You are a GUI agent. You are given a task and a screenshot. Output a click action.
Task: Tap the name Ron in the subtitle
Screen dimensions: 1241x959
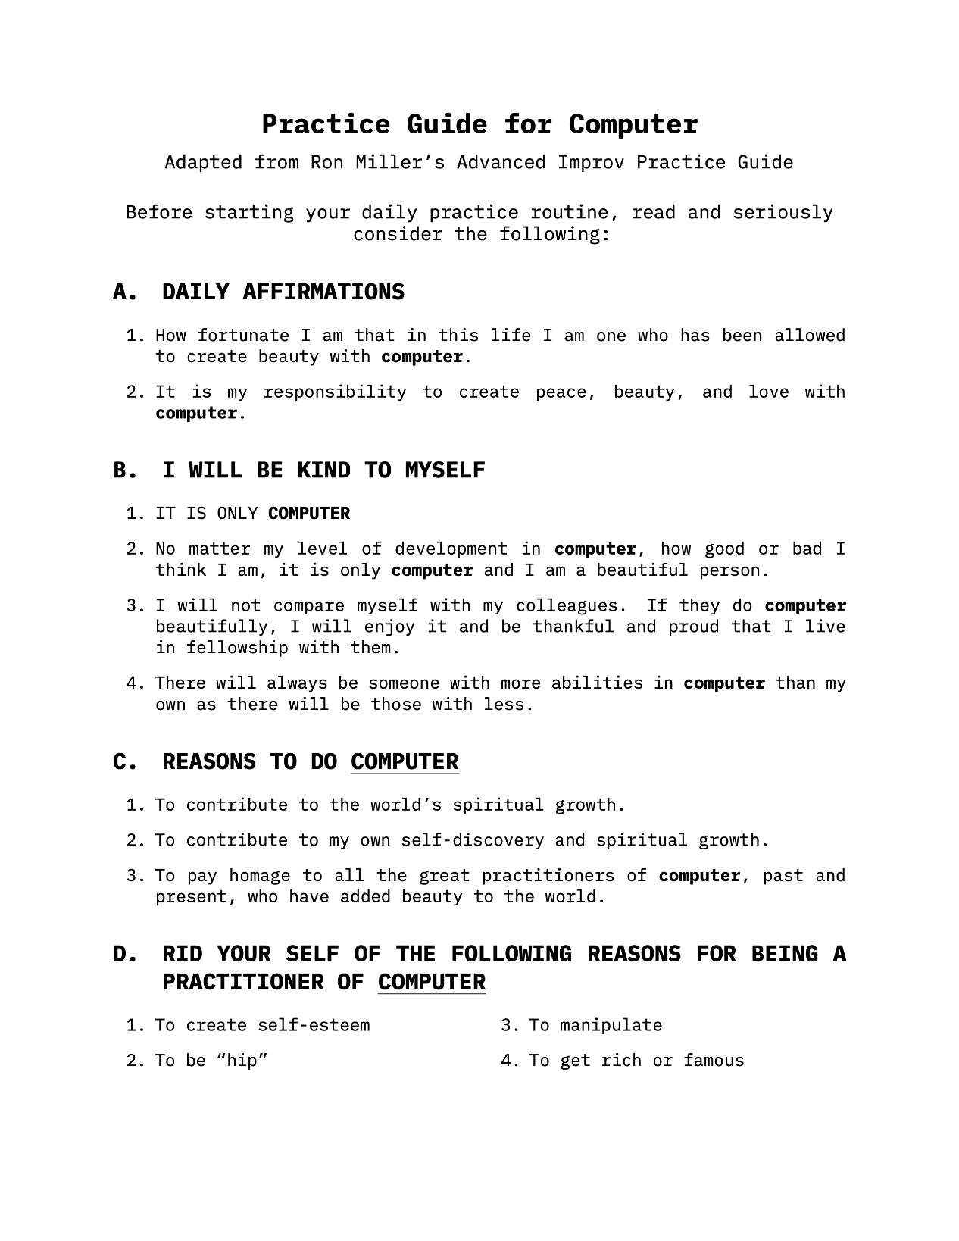(325, 162)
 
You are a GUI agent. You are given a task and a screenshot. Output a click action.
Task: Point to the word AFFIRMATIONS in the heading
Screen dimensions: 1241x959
(323, 292)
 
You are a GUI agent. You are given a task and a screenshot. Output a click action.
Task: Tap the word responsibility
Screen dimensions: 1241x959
(334, 392)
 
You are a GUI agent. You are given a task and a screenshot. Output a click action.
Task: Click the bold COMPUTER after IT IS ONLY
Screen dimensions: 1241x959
(309, 514)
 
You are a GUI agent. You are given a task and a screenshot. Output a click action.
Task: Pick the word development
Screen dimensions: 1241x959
(451, 549)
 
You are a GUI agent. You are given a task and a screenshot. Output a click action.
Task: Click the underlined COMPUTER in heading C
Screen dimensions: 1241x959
(405, 762)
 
